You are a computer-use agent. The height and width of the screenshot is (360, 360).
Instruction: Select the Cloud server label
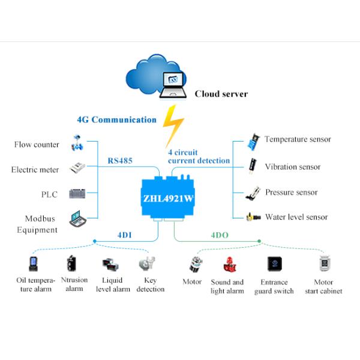(x=221, y=94)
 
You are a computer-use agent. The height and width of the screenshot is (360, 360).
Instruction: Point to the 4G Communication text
(x=116, y=119)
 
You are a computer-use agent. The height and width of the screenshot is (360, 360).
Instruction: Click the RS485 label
(x=120, y=160)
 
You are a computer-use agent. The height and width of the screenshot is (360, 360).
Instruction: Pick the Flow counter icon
(x=77, y=143)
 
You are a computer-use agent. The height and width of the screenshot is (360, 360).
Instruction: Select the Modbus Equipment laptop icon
(x=77, y=219)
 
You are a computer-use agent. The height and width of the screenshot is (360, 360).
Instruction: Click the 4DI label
(x=125, y=235)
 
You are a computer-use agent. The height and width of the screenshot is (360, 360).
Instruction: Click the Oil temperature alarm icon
(x=34, y=264)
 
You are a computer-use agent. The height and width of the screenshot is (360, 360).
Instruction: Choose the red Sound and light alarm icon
(x=228, y=265)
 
